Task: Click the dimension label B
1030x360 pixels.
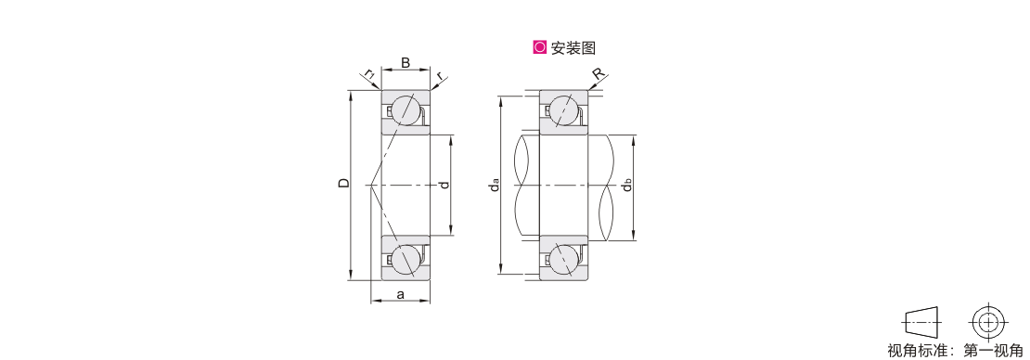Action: (x=406, y=63)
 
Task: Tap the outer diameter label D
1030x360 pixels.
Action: (x=343, y=184)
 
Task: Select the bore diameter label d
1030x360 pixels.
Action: (x=445, y=186)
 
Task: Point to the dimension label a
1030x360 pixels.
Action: (x=401, y=294)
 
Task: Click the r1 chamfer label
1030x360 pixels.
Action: (x=370, y=74)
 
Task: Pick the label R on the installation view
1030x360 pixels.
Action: (x=598, y=73)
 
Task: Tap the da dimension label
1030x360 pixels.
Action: (x=495, y=186)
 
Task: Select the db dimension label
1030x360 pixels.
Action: (x=627, y=186)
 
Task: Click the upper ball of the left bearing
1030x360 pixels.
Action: (x=406, y=110)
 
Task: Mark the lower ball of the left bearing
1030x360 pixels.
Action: (x=406, y=259)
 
